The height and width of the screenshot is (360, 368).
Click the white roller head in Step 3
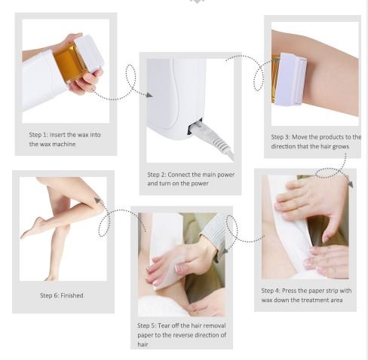(290, 79)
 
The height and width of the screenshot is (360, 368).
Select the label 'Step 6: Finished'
(62, 295)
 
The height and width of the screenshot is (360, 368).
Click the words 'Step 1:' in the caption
(38, 135)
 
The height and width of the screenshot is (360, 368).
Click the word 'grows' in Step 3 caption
(341, 147)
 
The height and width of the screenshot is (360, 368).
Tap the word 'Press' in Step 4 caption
(290, 291)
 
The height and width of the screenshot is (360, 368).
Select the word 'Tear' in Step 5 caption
(164, 325)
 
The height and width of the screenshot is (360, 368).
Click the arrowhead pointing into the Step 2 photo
(149, 95)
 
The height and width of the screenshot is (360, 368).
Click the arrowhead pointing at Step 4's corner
(351, 184)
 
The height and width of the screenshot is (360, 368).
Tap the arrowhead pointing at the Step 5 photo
(225, 250)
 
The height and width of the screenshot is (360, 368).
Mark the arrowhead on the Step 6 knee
(97, 200)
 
